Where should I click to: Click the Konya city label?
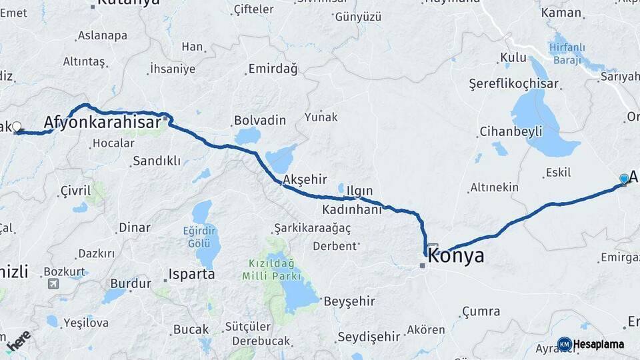point(456,257)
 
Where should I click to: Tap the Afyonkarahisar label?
point(102,122)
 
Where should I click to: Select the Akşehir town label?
point(305,179)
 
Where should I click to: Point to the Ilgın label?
point(360,191)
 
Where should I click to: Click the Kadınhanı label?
point(351,209)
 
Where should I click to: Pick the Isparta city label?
point(191,274)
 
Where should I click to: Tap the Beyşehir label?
point(349,301)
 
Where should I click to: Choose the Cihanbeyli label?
point(511,131)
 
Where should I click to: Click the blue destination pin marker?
point(624,179)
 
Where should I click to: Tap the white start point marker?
point(17,126)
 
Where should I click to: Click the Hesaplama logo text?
point(599,344)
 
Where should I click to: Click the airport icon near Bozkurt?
point(53,284)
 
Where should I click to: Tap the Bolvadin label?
point(259,121)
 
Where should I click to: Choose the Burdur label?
point(130,283)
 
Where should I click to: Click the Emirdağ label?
point(271,69)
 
